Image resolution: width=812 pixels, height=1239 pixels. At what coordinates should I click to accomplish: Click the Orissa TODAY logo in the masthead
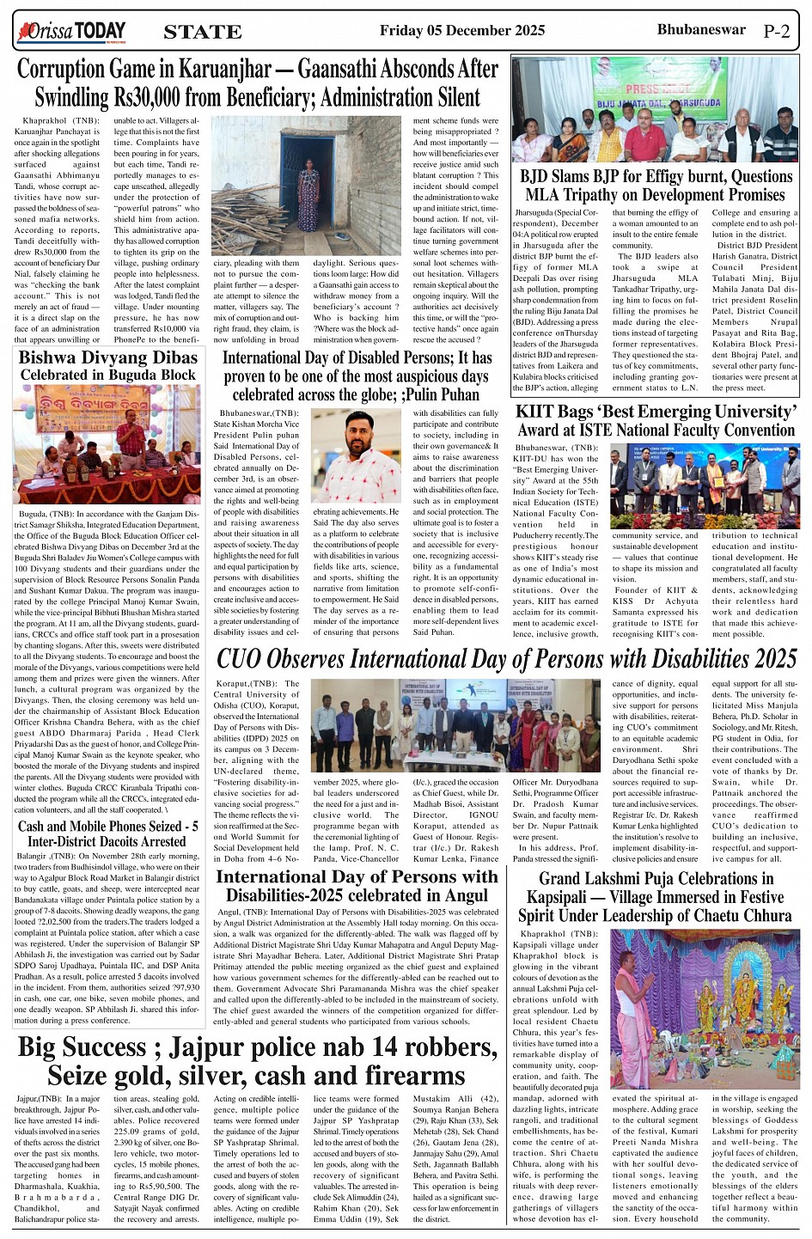[x=70, y=33]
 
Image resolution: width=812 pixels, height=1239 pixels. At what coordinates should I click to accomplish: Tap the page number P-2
[x=776, y=32]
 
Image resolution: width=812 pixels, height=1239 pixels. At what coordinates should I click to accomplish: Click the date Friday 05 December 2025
[x=461, y=31]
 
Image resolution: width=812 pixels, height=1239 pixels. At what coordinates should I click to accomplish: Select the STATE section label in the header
[x=202, y=33]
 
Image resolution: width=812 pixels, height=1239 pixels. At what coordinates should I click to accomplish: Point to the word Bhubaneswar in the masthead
[x=700, y=29]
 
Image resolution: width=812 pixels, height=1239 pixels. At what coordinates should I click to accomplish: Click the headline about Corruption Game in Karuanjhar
[x=257, y=82]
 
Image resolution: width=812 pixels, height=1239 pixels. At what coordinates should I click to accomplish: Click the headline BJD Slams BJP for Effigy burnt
[x=656, y=186]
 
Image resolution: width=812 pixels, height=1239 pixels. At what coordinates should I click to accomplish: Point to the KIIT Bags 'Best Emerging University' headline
[x=656, y=420]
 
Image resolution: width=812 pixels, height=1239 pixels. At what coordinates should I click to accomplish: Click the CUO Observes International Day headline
[x=506, y=659]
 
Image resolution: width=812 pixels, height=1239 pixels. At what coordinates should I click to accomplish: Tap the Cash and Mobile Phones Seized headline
[x=107, y=833]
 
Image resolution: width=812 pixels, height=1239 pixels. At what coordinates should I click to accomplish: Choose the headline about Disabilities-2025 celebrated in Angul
[x=356, y=885]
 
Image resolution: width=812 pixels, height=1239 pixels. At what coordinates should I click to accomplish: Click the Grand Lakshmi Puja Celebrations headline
[x=656, y=896]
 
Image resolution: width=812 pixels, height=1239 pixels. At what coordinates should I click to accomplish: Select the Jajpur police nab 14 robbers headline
[x=257, y=1061]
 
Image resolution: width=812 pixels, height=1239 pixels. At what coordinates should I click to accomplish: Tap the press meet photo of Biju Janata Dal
[x=656, y=109]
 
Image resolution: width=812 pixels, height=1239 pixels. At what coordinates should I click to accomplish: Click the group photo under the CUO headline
[x=455, y=727]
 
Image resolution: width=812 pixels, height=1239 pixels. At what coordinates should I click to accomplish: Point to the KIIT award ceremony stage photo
[x=705, y=485]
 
